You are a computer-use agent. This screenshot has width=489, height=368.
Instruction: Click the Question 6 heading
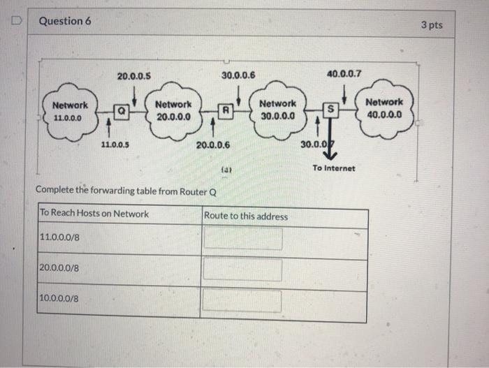(x=65, y=21)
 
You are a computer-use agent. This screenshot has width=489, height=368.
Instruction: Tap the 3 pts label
(x=432, y=24)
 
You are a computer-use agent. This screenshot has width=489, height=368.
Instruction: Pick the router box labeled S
(x=333, y=109)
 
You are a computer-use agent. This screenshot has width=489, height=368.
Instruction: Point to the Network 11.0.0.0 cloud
(x=70, y=112)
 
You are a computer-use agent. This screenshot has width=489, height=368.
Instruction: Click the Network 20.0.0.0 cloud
(x=174, y=111)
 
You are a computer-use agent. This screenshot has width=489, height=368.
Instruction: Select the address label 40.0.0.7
(x=344, y=73)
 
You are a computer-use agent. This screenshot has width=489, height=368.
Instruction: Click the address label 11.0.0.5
(x=113, y=145)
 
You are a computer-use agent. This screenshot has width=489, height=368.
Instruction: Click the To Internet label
(x=334, y=168)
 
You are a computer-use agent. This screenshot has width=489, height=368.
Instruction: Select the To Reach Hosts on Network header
(x=94, y=214)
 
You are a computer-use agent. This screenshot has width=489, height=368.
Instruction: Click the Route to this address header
(x=245, y=216)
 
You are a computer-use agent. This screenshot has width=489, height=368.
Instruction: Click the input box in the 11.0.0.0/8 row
(x=242, y=239)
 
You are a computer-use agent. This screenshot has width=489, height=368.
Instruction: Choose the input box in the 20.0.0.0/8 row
(x=242, y=270)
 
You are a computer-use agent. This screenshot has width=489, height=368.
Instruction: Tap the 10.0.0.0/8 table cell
(x=60, y=298)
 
